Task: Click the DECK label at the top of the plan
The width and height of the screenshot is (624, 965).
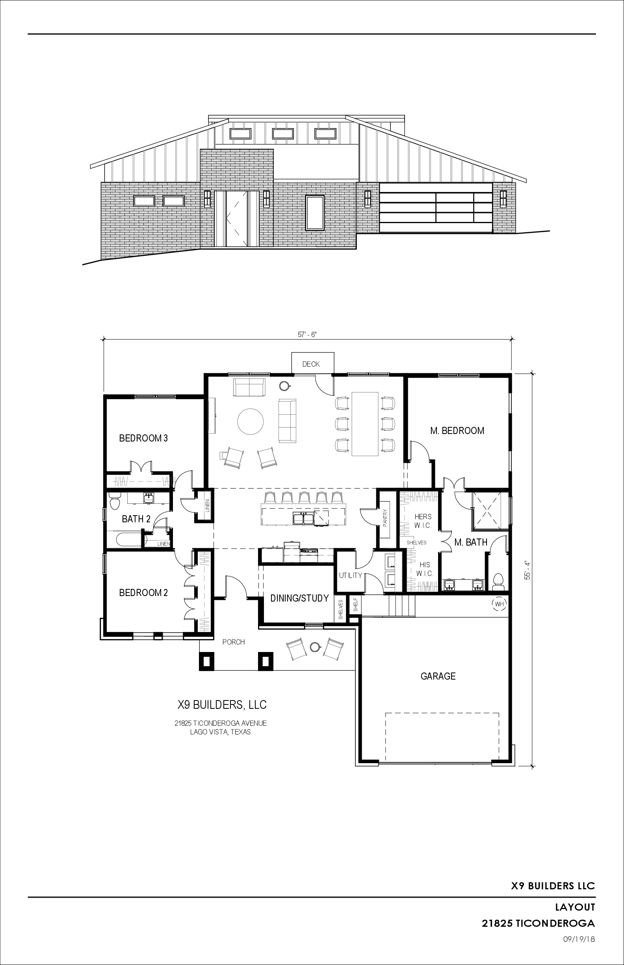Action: pos(311,364)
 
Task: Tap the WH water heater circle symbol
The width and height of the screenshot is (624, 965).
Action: pos(499,604)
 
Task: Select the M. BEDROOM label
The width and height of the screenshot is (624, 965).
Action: pos(457,430)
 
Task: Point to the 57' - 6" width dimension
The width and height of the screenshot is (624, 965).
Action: pos(307,335)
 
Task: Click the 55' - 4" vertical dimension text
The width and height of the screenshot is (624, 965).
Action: pos(527,570)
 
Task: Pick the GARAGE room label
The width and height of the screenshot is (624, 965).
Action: pos(438,676)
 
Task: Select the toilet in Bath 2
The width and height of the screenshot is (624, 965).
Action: pos(115,503)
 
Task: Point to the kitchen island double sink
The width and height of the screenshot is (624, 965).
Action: pos(303,519)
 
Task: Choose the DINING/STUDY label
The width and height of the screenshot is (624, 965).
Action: pos(299,598)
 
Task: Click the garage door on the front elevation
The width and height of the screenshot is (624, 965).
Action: pos(436,208)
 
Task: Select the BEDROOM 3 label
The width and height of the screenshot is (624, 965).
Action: pos(143,438)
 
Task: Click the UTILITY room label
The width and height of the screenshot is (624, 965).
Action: pos(351,576)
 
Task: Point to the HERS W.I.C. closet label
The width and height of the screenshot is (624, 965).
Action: pos(423,521)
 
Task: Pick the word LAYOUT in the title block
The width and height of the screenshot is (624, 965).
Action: pos(575,907)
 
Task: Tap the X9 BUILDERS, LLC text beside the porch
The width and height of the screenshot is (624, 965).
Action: pos(222,705)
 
